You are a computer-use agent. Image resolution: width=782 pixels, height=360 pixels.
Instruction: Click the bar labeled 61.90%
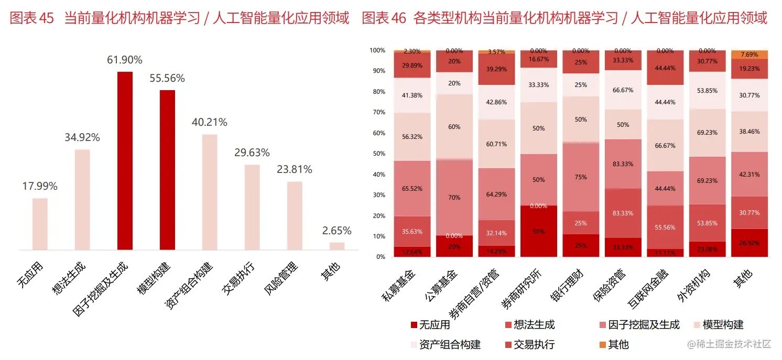[125, 160]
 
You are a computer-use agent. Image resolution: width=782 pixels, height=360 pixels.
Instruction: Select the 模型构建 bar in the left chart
[167, 170]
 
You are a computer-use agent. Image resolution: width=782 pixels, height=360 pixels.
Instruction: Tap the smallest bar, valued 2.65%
[337, 246]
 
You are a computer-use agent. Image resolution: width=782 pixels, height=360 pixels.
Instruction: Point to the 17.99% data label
[40, 186]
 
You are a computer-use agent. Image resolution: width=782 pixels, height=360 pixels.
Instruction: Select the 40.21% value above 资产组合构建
[209, 122]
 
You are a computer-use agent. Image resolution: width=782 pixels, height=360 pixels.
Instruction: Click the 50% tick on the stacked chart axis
[378, 154]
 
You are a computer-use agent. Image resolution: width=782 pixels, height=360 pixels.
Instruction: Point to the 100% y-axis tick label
[377, 51]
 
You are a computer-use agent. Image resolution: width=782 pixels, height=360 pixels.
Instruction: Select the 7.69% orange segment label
[749, 54]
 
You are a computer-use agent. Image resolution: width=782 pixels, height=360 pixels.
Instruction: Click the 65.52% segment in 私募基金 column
[412, 188]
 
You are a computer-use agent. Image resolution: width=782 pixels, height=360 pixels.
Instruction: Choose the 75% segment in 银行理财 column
[581, 177]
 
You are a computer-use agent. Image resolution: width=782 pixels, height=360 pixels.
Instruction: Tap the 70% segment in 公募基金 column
[454, 198]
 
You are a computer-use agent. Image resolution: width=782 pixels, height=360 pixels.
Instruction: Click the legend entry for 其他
[614, 344]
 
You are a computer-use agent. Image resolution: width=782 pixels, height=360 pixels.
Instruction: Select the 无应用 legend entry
[430, 325]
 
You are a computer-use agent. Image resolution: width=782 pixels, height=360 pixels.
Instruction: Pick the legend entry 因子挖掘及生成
[639, 325]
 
